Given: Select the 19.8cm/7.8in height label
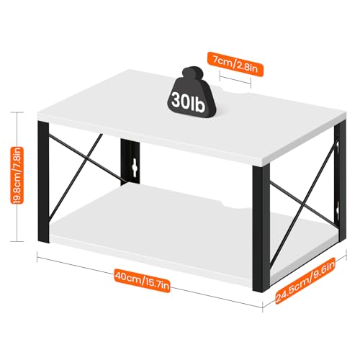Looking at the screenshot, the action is click(17, 175).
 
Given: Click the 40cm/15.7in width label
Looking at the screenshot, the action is click(142, 280).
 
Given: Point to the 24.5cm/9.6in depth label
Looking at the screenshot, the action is click(305, 281).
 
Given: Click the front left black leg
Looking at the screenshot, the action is click(43, 182).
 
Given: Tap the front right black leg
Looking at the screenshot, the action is click(261, 227).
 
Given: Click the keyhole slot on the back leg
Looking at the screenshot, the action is click(134, 166).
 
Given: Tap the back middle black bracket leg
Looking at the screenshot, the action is click(130, 161).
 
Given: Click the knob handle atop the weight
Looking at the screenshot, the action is click(192, 73).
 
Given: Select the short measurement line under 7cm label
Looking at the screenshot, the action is click(235, 80).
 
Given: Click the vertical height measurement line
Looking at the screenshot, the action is click(17, 176).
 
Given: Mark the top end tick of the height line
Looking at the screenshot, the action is click(17, 112).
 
